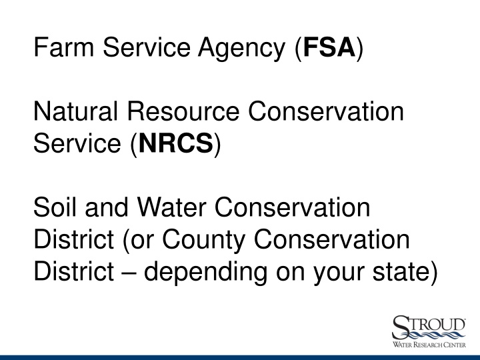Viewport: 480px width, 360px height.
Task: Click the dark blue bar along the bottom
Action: (240, 357)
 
